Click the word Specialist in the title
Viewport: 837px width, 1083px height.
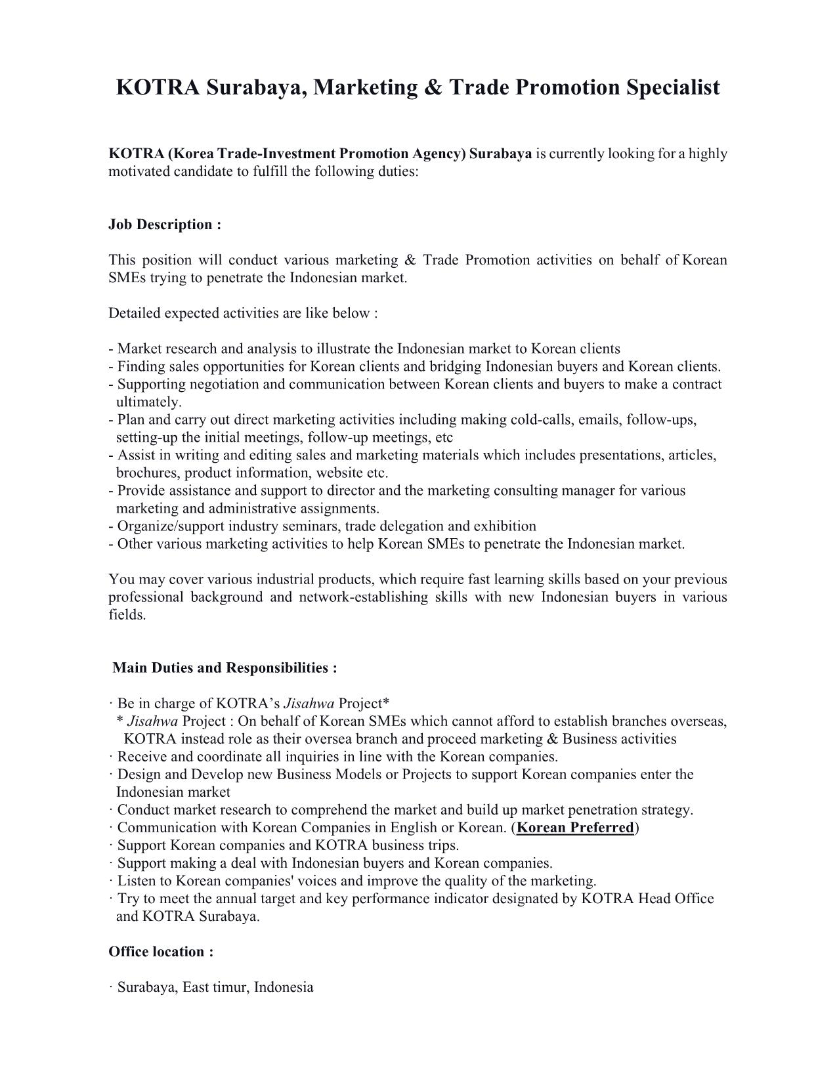(672, 87)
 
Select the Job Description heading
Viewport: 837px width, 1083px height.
(165, 224)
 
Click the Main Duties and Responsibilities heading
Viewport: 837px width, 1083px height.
(225, 668)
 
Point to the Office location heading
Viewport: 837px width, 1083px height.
(161, 952)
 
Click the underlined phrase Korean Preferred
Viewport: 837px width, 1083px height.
(576, 828)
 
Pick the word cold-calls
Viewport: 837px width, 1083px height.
(540, 419)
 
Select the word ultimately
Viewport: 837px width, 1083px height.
(148, 402)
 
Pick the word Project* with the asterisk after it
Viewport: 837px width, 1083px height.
(364, 704)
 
